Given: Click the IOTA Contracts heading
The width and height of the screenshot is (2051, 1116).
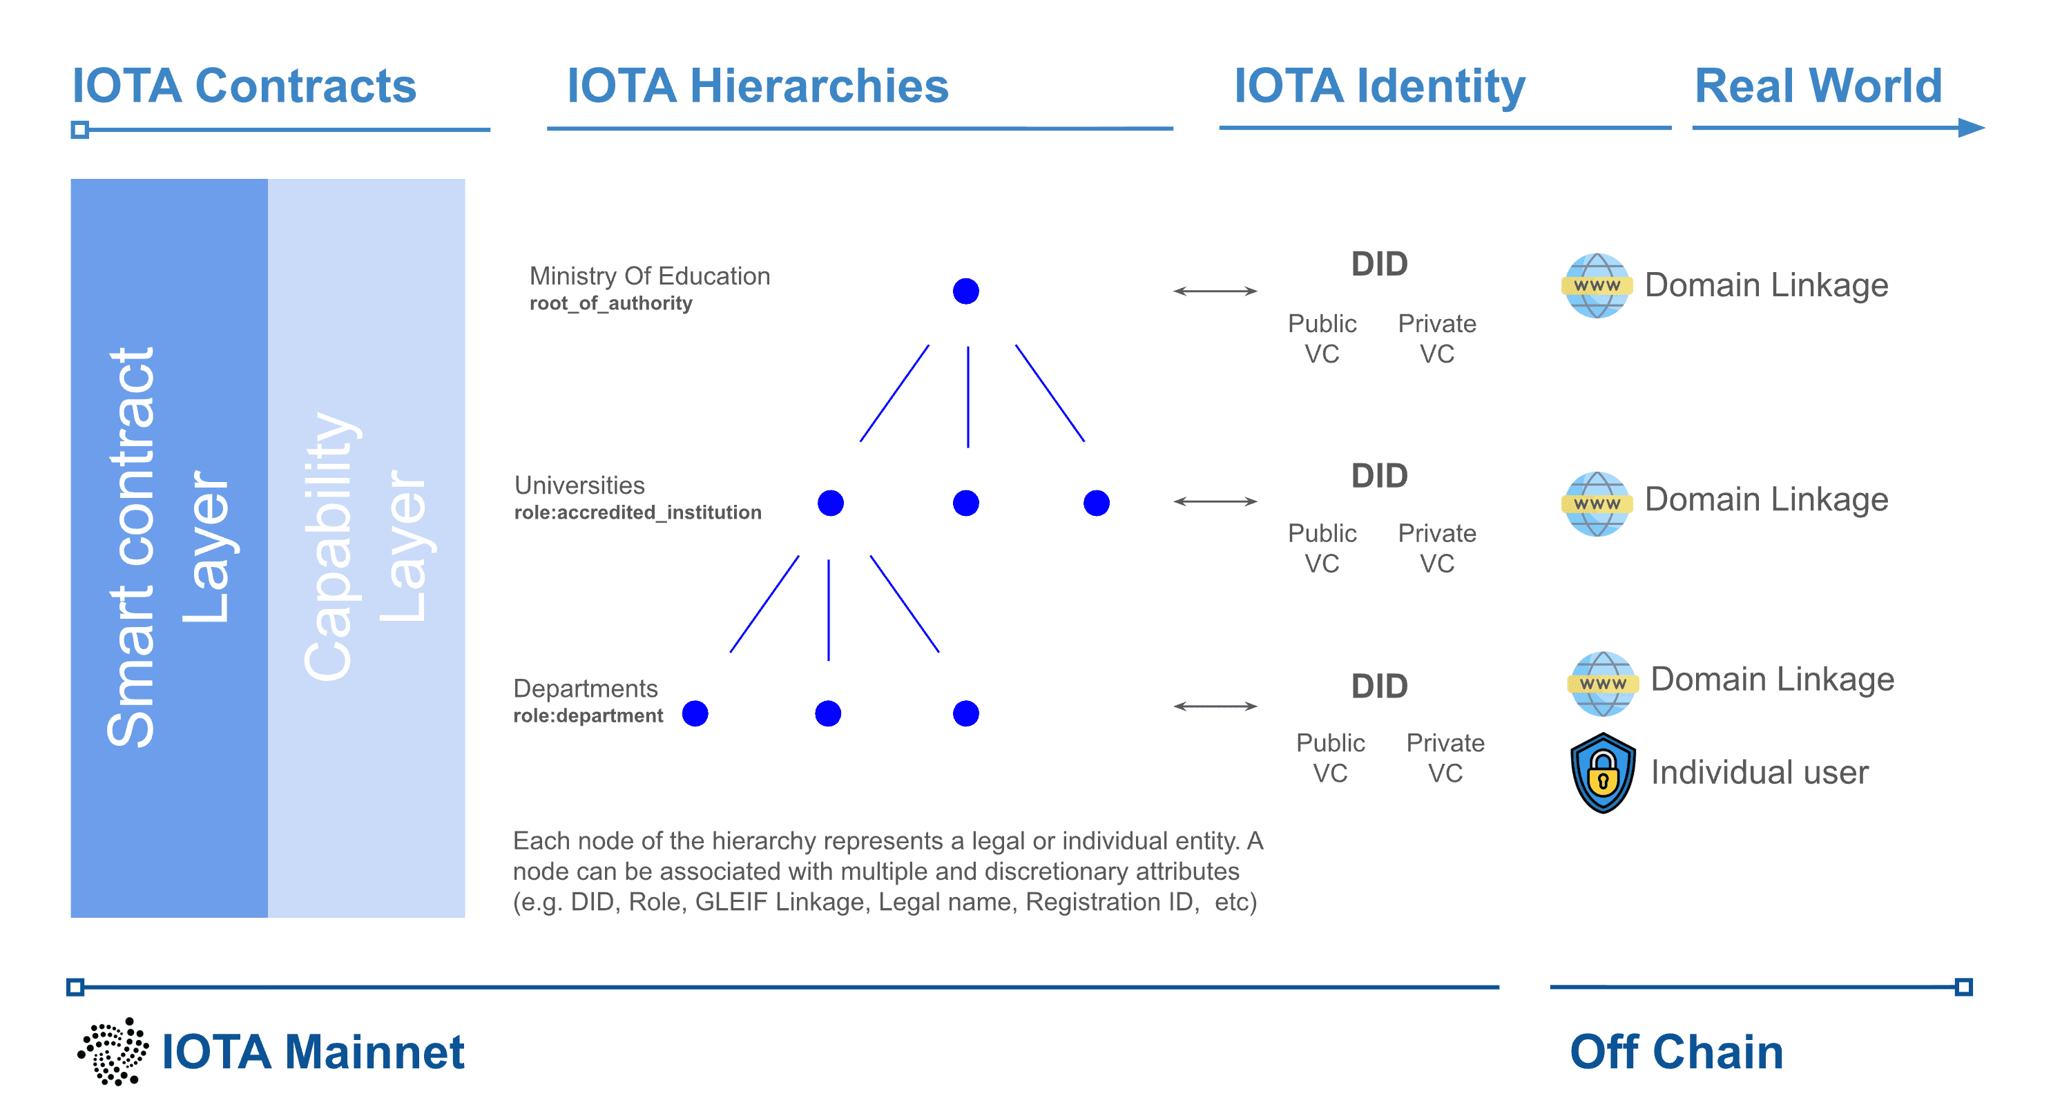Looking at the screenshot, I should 244,85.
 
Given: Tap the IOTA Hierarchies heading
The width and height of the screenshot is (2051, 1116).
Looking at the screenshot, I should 757,85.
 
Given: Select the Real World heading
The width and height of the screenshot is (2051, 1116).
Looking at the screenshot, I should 1818,85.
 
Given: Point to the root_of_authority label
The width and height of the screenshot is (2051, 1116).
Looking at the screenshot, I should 610,303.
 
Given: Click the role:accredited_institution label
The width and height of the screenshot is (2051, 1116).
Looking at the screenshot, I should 637,512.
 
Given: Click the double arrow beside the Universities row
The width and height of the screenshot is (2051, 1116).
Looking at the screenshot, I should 1214,501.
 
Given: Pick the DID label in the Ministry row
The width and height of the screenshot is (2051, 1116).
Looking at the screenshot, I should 1379,264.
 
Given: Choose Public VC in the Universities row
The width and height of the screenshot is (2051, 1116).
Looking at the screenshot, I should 1322,548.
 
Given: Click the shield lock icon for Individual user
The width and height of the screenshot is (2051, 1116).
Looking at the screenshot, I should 1602,772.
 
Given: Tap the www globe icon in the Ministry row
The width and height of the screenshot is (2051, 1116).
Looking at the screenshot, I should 1597,285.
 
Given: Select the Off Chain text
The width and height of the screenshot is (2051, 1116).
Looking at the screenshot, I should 1676,1052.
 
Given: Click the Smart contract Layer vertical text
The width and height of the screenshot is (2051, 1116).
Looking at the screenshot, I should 168,548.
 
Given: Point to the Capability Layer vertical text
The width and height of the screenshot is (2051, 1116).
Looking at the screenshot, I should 365,548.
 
